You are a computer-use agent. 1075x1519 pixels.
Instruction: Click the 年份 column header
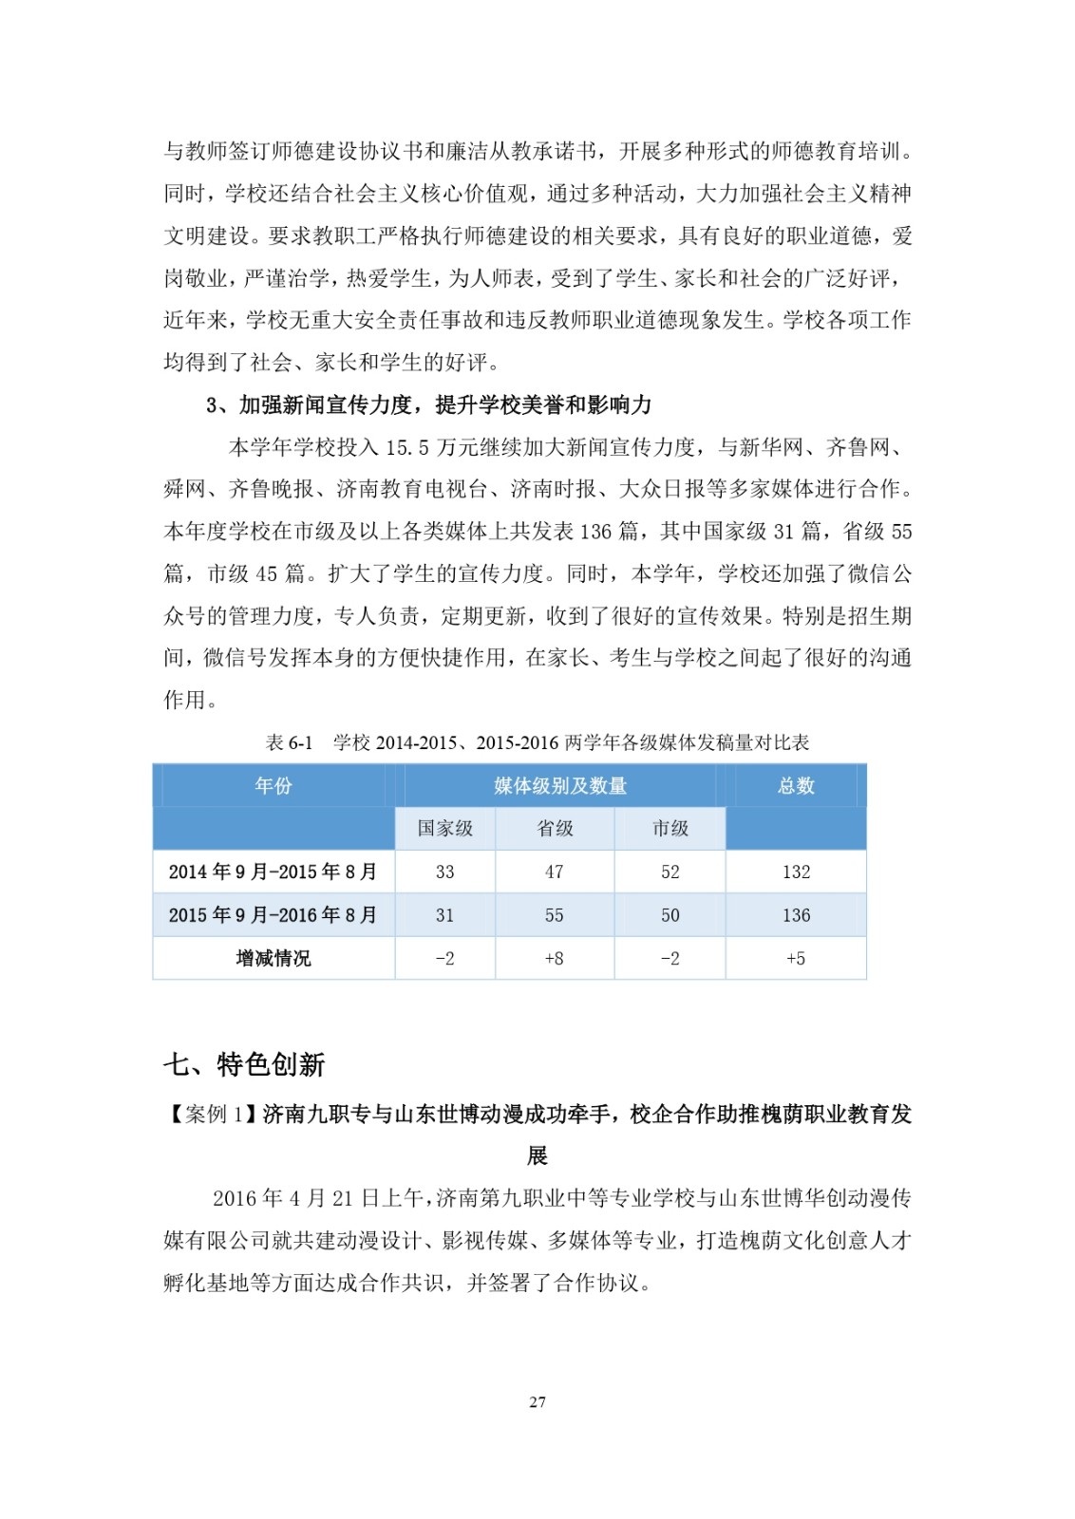273,786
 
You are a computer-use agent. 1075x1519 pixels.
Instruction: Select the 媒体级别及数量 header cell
560,786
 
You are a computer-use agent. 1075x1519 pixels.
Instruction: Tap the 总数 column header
796,786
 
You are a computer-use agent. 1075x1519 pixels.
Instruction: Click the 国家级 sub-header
445,829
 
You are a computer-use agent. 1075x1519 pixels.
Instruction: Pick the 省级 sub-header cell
555,829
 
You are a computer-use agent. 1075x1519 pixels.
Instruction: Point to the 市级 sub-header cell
670,829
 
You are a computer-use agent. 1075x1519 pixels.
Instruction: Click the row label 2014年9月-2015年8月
273,872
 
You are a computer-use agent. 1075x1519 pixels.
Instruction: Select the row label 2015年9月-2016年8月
273,915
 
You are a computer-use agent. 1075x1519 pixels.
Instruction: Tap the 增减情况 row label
273,959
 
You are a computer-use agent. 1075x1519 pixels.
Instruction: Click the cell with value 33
445,872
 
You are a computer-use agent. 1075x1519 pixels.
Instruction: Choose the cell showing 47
555,872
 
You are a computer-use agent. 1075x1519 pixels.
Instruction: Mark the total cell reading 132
796,872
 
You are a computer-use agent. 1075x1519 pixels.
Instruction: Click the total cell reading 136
796,915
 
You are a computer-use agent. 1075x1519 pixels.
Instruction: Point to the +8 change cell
555,959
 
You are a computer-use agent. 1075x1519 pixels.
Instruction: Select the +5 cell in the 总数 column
796,959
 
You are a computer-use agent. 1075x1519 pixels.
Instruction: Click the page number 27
537,1402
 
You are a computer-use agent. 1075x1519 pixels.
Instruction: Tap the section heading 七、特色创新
244,1064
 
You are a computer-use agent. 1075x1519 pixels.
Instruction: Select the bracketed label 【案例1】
212,1114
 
